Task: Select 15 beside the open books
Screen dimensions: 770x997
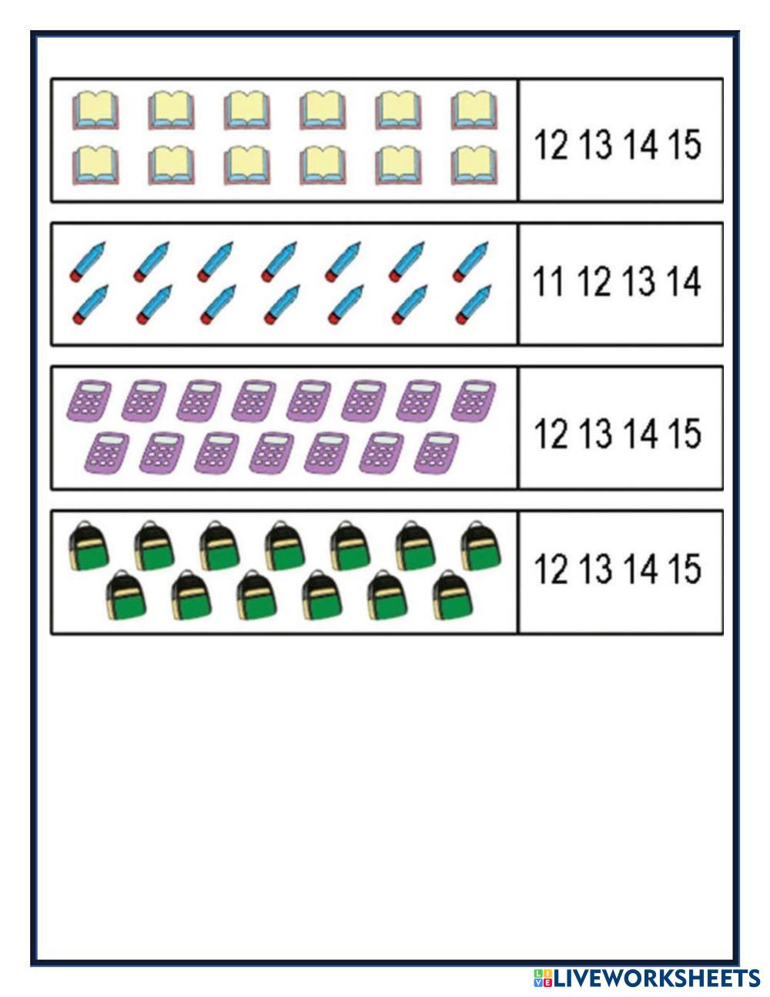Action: [x=685, y=144]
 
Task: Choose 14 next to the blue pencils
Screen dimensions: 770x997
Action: [x=685, y=281]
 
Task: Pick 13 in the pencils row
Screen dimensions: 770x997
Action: [x=639, y=281]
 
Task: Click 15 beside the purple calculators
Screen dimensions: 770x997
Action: [x=685, y=433]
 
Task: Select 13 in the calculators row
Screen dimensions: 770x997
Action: [x=594, y=433]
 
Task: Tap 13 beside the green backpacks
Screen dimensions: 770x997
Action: [x=594, y=569]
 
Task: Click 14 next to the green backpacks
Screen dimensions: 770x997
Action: [x=639, y=569]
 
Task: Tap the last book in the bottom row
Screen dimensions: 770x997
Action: [x=474, y=166]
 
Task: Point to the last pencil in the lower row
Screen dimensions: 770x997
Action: [x=473, y=303]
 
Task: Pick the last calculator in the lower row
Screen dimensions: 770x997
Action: [x=436, y=452]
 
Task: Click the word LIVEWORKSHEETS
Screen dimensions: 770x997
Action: [x=657, y=979]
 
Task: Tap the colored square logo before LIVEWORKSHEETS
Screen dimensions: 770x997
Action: [x=542, y=979]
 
